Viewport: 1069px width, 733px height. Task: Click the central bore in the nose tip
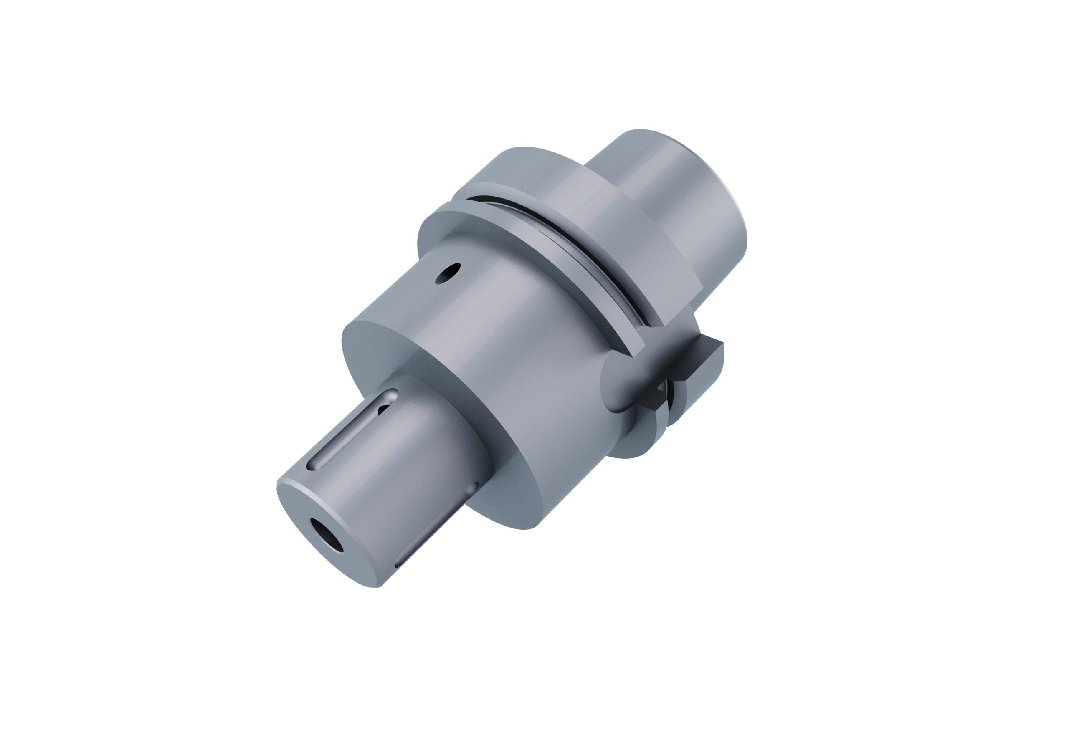tap(326, 535)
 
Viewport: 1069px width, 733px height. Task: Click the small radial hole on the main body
tap(447, 273)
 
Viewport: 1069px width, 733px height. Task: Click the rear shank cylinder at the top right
tap(676, 193)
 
